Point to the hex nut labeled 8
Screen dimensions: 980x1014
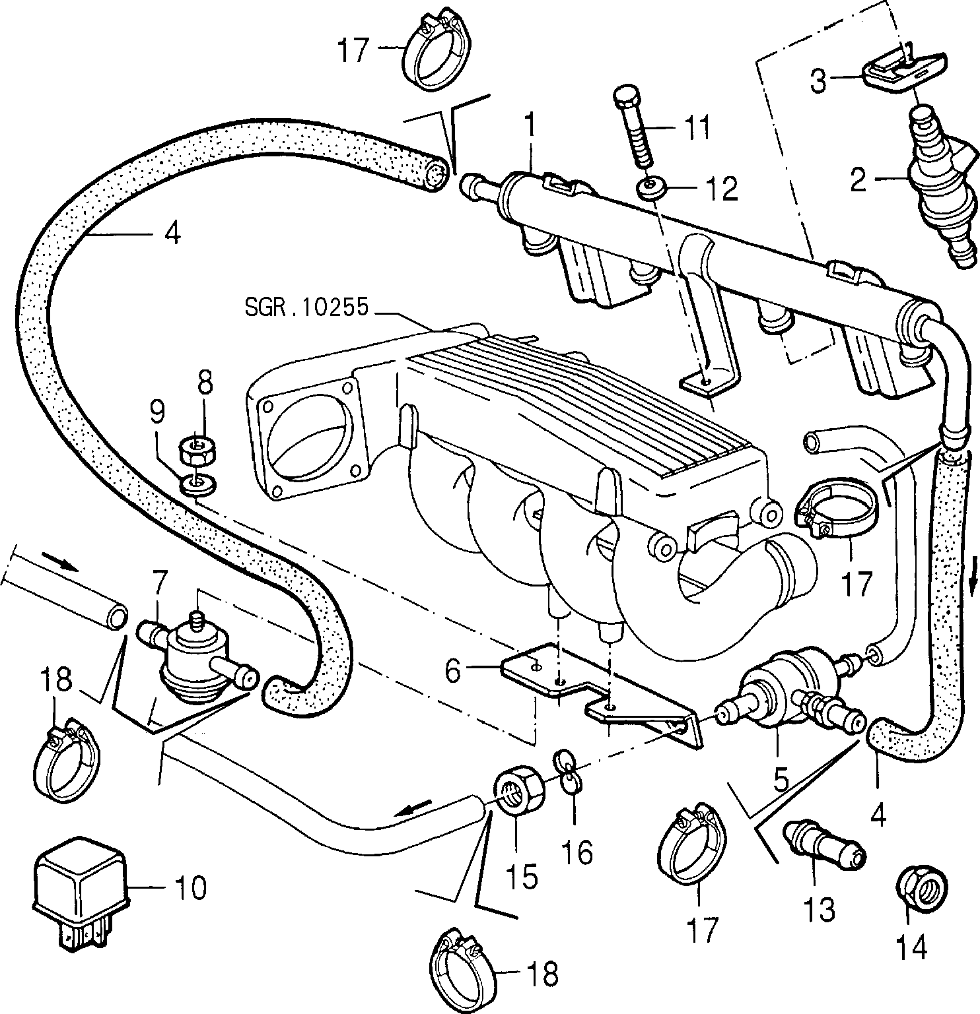(x=197, y=451)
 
